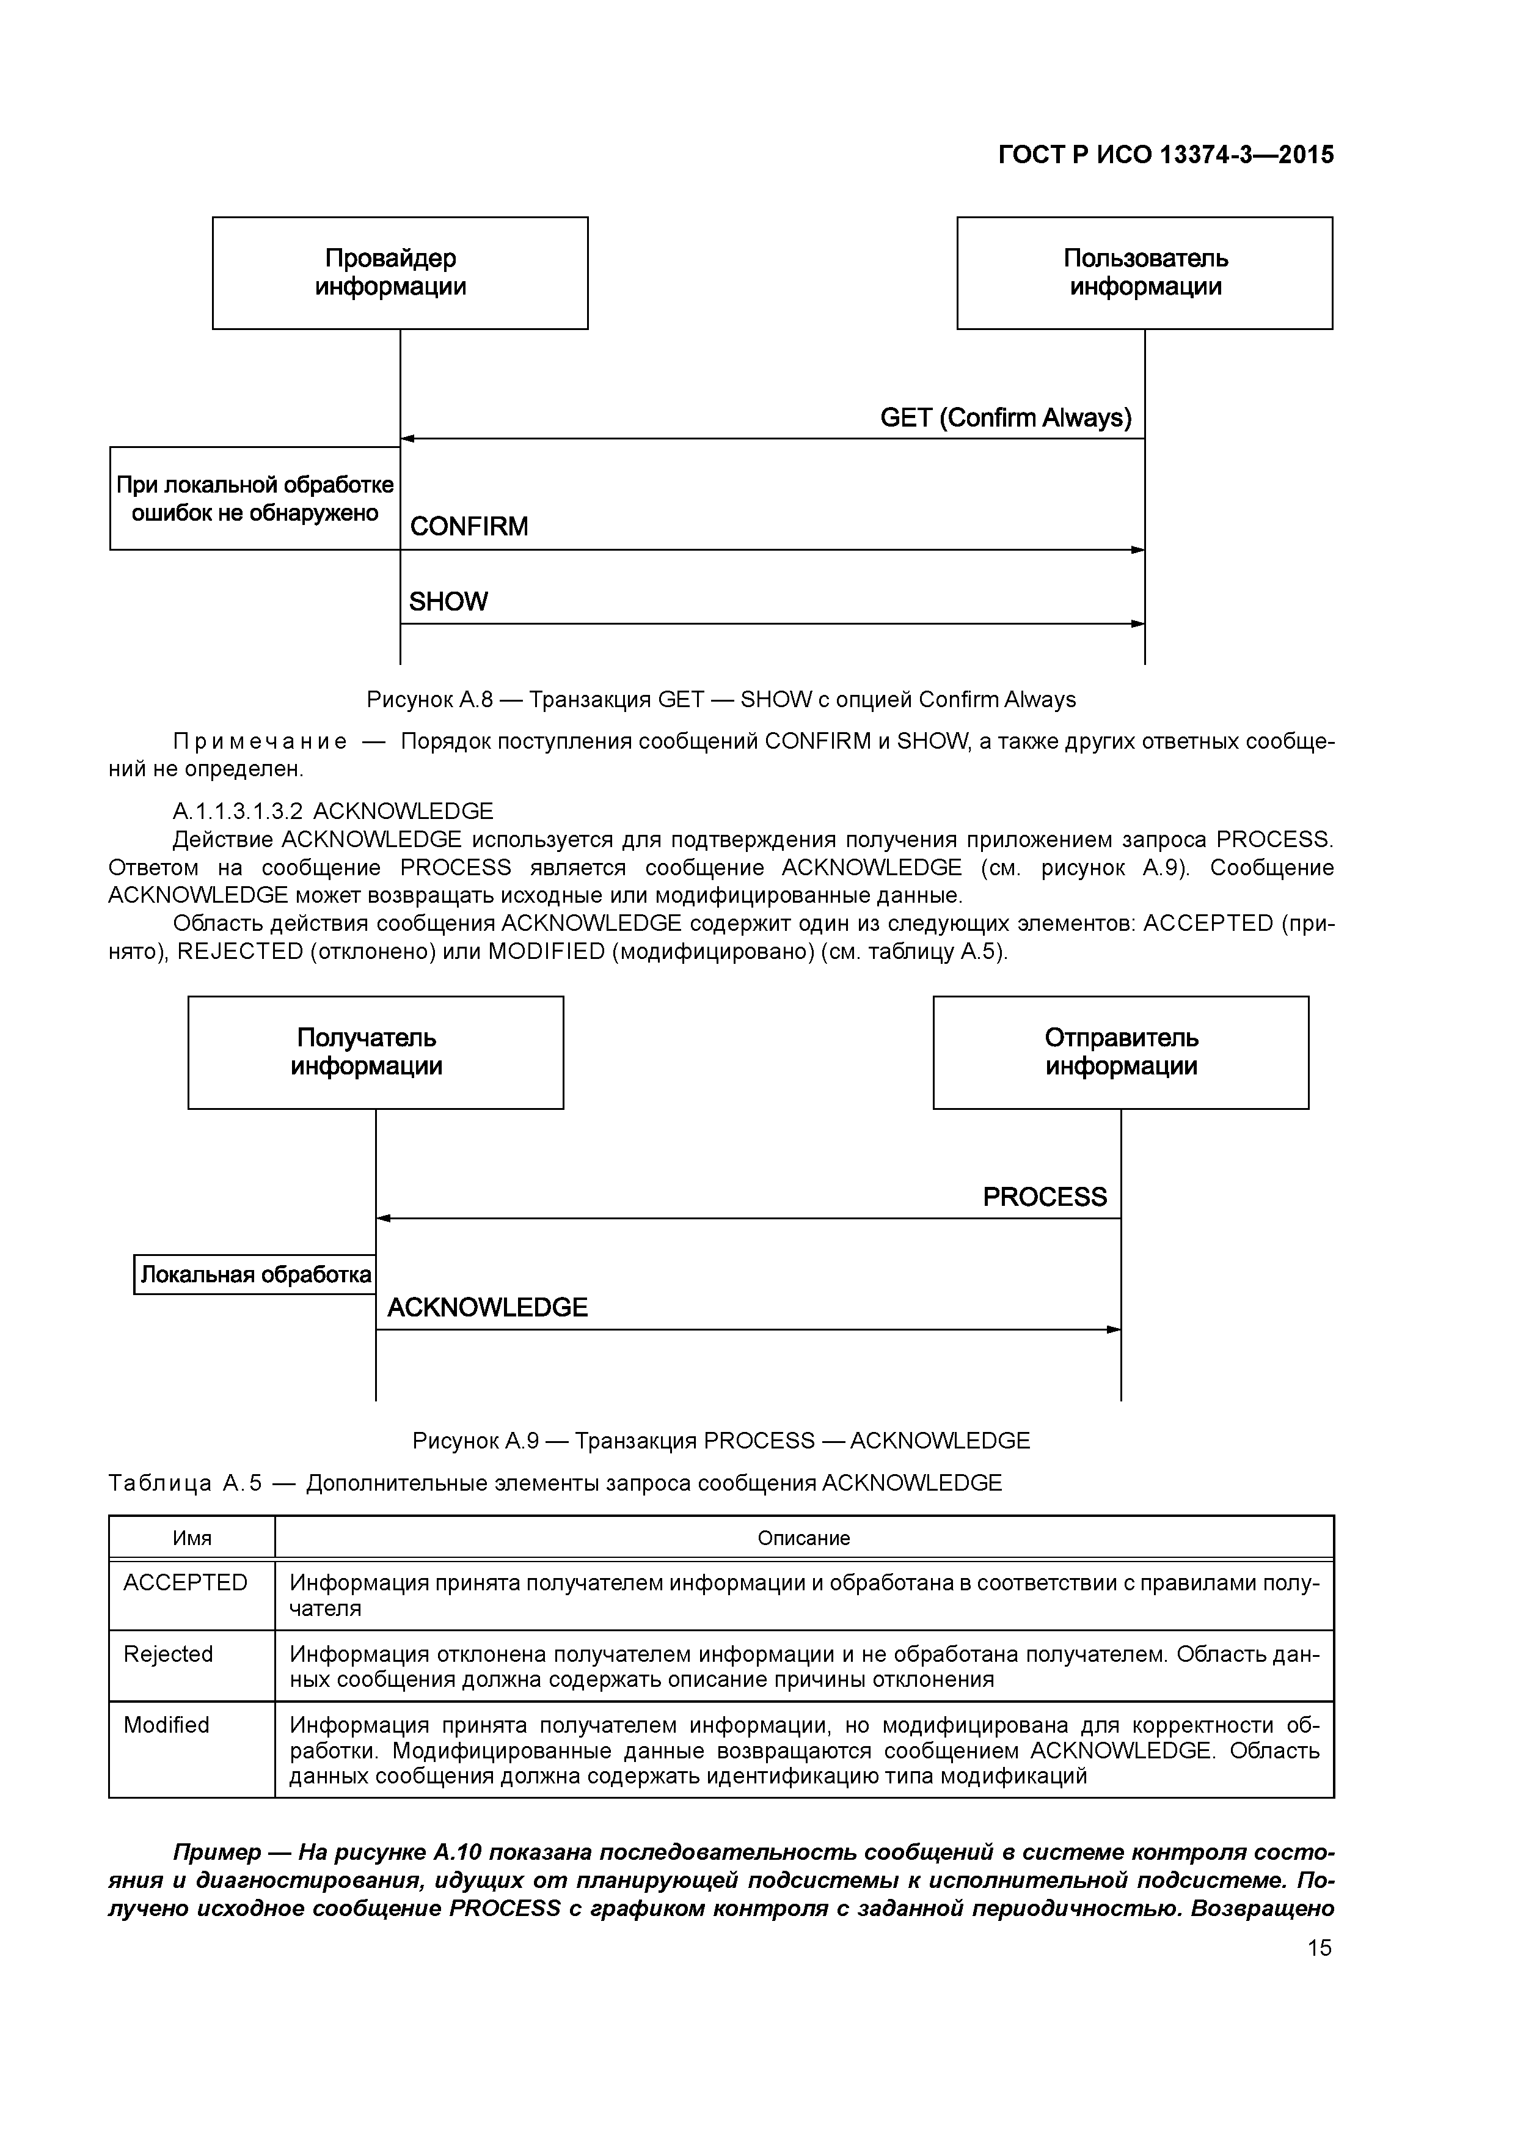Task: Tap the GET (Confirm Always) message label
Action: tap(1006, 417)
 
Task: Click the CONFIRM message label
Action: tap(469, 527)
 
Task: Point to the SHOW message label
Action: tap(448, 601)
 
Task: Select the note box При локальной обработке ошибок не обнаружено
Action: tap(255, 499)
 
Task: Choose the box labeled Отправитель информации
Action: tap(1120, 1052)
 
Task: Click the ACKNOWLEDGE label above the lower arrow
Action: tap(487, 1307)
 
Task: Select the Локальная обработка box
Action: tap(255, 1275)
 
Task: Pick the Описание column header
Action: tap(804, 1538)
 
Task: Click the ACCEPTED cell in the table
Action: tap(185, 1583)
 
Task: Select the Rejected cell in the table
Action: tap(168, 1654)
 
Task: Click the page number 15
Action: tap(1319, 1948)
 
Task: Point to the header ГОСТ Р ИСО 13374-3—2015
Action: tap(1166, 155)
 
